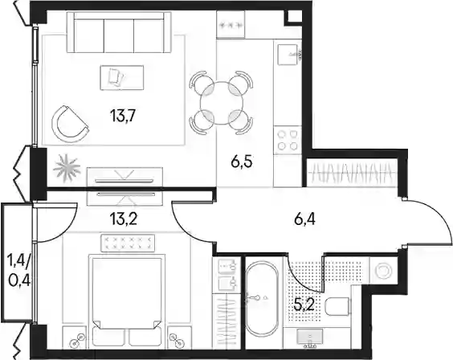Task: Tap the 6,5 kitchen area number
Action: tap(242, 162)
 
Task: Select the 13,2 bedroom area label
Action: tap(124, 219)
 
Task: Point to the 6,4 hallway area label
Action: tap(305, 219)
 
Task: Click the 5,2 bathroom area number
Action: tap(304, 305)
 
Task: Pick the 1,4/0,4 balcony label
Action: tap(19, 271)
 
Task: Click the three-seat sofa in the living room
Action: tap(119, 32)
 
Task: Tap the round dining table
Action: tap(222, 103)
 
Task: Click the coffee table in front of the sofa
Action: tap(122, 78)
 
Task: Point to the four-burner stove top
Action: tap(288, 141)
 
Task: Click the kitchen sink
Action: tap(288, 55)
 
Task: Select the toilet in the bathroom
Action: tap(337, 307)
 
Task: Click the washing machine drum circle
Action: tap(383, 271)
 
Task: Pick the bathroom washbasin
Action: tap(310, 337)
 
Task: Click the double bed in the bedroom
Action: tap(127, 300)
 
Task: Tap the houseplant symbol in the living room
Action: tap(67, 168)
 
